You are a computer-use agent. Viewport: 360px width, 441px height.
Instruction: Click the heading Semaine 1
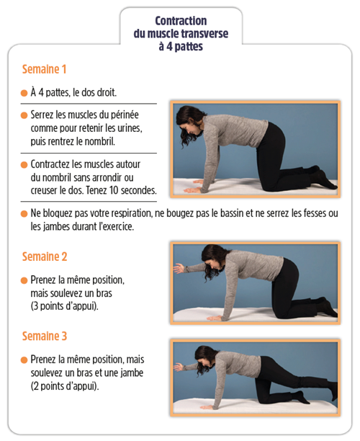[x=44, y=69]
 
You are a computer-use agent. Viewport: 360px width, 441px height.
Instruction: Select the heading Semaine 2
[x=45, y=257]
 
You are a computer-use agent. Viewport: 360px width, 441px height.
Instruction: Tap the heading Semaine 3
[x=45, y=336]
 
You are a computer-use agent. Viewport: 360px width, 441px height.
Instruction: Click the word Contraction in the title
[x=181, y=21]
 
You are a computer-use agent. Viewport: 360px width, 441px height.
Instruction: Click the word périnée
[x=125, y=115]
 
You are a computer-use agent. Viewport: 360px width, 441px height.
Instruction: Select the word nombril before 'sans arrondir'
[x=55, y=178]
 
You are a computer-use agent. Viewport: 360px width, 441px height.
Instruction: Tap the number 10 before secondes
[x=114, y=190]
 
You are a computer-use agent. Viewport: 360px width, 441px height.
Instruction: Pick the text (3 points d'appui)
[x=64, y=306]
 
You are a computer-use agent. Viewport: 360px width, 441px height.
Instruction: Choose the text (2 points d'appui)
[x=65, y=386]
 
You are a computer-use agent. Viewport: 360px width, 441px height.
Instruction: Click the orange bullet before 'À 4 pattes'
[x=24, y=93]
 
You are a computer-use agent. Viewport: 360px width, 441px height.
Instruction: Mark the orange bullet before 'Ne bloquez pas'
[x=24, y=214]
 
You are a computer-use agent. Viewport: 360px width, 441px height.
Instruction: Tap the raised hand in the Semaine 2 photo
[x=179, y=268]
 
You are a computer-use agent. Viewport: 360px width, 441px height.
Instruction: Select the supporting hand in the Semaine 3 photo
[x=207, y=407]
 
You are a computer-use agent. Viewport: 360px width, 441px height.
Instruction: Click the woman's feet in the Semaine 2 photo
[x=327, y=307]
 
